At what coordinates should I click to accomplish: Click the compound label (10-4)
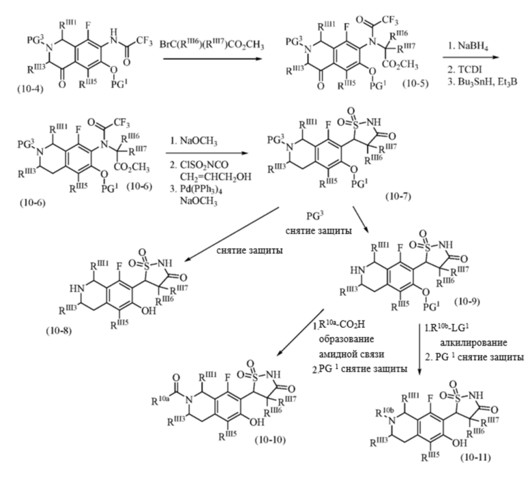31,89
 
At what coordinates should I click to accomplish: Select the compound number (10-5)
415,83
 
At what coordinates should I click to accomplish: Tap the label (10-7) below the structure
398,197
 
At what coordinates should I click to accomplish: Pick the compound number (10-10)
270,440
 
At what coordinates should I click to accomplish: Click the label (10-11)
475,458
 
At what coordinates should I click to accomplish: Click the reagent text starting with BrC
211,45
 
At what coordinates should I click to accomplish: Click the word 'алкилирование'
473,342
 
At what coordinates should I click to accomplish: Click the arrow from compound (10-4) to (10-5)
213,59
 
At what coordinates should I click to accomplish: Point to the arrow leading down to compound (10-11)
419,349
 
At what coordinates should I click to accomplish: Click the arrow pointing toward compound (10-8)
231,234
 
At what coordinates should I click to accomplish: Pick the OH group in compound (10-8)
148,311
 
